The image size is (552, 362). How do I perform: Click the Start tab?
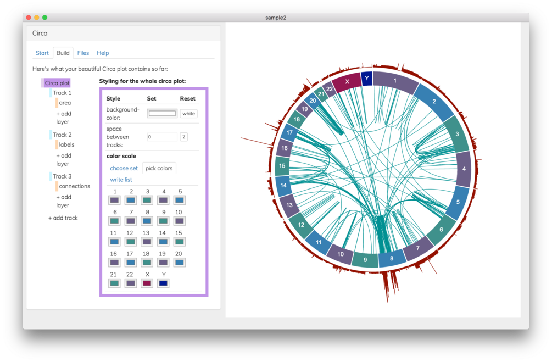(x=42, y=53)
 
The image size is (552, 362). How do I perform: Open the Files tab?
(x=83, y=53)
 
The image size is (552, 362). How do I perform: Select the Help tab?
(x=103, y=53)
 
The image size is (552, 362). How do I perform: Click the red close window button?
(x=29, y=18)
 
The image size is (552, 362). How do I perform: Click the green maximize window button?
(x=44, y=18)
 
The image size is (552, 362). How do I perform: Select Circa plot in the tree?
(x=57, y=83)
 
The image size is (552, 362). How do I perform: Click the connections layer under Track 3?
(x=74, y=186)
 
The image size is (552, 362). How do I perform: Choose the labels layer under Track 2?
(x=66, y=144)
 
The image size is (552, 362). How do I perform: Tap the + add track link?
(x=63, y=218)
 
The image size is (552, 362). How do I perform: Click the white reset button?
(x=189, y=113)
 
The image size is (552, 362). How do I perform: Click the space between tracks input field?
(x=162, y=137)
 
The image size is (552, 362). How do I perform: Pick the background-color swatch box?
(x=162, y=113)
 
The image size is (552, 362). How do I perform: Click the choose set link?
(x=124, y=168)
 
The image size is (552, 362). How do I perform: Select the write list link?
(x=121, y=180)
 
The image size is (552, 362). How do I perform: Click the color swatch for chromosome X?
(x=147, y=283)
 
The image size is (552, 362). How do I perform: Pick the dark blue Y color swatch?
(x=163, y=283)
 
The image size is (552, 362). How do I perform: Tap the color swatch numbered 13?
(x=147, y=242)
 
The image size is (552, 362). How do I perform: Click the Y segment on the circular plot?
(x=367, y=79)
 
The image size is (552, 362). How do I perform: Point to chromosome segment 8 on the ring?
(x=391, y=259)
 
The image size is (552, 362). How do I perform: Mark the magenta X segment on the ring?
(x=347, y=82)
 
